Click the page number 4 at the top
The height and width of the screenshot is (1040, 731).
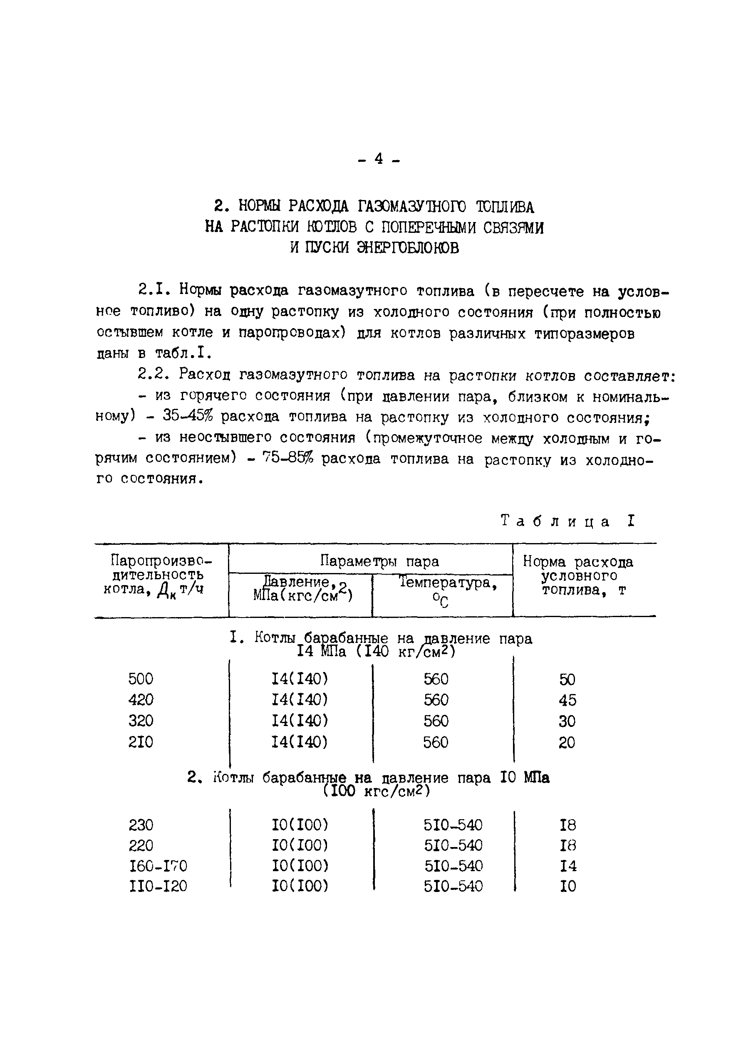(379, 159)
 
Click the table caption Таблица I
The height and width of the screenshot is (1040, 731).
(567, 521)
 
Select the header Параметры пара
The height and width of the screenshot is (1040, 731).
(379, 561)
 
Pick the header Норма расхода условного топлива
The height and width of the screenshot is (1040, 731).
(578, 576)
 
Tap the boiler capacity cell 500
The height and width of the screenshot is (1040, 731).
(141, 679)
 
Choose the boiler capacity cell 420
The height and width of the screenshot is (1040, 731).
(141, 700)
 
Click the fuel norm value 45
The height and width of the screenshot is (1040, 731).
(567, 700)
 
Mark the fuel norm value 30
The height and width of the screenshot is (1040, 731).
(567, 721)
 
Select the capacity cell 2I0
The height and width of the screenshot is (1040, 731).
(141, 742)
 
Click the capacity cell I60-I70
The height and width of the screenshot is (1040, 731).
(158, 866)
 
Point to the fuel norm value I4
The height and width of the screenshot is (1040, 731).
(568, 866)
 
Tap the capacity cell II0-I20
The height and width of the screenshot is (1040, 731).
(158, 886)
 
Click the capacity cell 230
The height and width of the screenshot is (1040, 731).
(141, 825)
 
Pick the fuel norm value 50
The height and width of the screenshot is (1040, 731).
(567, 679)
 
